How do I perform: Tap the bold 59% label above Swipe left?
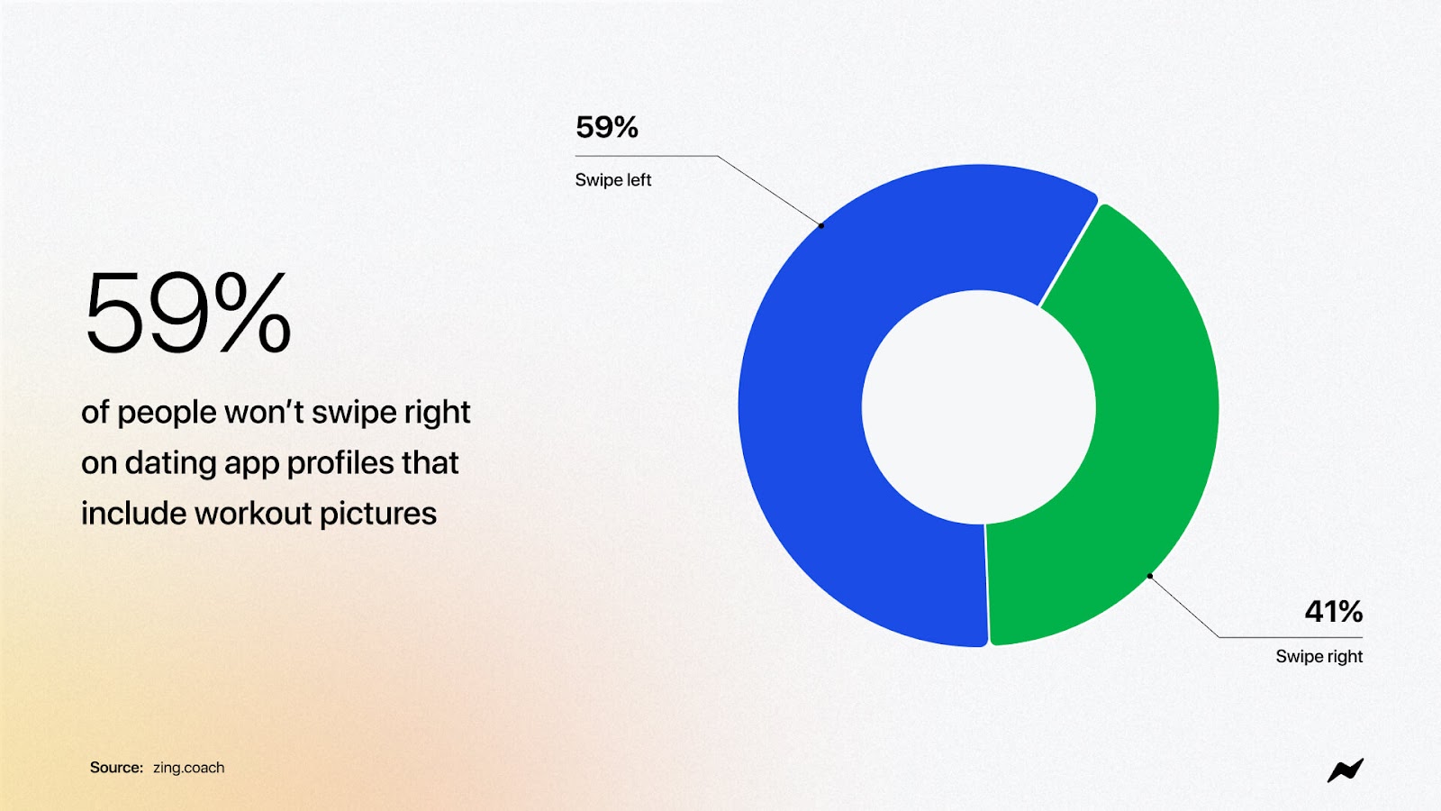(x=607, y=127)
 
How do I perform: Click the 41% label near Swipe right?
(x=1334, y=612)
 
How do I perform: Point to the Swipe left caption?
(x=613, y=180)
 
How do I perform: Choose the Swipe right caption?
(x=1319, y=657)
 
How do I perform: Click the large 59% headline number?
(x=188, y=312)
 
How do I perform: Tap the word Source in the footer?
(x=116, y=767)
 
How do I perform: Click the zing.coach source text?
(x=188, y=767)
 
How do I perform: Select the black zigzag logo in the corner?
(x=1346, y=770)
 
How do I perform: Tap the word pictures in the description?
(x=377, y=515)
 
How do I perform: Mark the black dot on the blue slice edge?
(x=820, y=226)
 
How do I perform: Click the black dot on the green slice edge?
(x=1149, y=576)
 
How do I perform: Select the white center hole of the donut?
(x=978, y=406)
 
